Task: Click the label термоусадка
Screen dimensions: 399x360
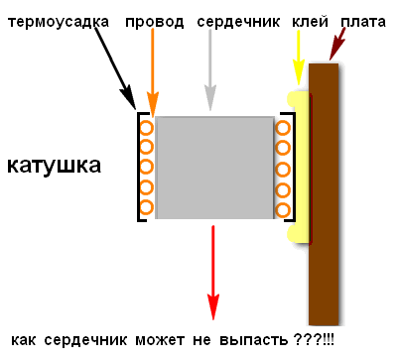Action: (59, 22)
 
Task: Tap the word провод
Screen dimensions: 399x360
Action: (154, 22)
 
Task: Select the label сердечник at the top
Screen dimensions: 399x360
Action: (238, 22)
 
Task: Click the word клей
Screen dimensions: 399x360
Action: (310, 22)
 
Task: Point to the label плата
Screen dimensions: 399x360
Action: (363, 22)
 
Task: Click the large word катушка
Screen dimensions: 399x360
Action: (54, 166)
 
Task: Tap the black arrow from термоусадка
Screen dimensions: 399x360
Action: (115, 68)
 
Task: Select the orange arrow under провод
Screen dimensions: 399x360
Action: (153, 72)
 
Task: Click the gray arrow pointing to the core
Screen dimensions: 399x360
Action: (210, 69)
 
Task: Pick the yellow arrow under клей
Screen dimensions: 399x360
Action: (298, 58)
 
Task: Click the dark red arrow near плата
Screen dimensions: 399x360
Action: (337, 44)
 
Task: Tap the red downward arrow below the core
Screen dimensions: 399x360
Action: (213, 273)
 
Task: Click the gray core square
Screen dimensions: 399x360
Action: (214, 168)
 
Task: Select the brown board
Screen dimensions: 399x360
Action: (324, 194)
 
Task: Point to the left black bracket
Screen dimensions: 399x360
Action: (138, 167)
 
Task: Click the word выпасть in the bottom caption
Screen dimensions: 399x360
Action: (254, 340)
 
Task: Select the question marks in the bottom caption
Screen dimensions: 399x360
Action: (307, 339)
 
